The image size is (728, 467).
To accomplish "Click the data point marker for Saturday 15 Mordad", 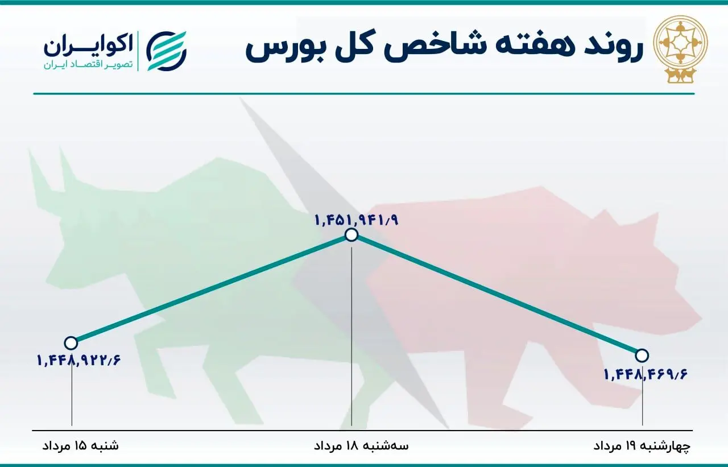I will pos(71,343).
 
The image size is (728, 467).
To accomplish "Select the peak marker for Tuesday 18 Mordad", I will pos(351,235).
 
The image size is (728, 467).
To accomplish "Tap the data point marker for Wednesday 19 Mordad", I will pos(642,356).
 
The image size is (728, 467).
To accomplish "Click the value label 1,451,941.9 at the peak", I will pos(356,219).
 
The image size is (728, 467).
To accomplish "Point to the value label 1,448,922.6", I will pos(80,359).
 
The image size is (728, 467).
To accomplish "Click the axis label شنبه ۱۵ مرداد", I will pos(81,445).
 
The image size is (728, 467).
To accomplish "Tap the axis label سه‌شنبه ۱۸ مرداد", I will pos(361,445).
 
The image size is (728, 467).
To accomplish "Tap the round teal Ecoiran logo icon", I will pos(167,51).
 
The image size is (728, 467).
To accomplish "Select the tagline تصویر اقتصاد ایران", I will pos(88,65).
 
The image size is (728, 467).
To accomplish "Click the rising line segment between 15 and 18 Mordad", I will pos(210,289).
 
